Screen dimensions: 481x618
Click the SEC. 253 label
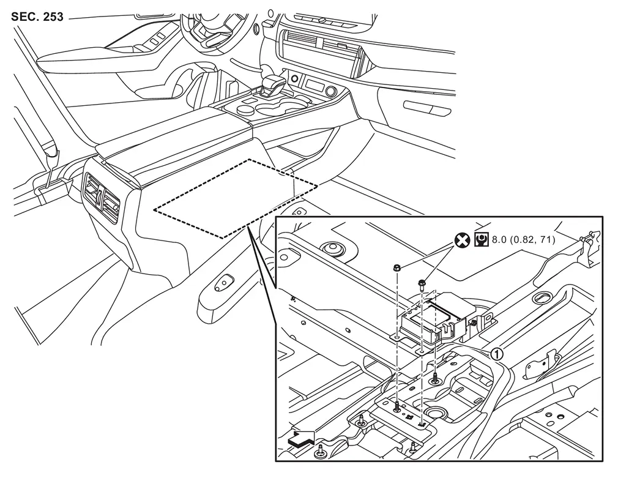(x=37, y=17)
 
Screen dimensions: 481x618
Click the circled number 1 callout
(x=497, y=353)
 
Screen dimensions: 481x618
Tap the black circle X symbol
(x=461, y=240)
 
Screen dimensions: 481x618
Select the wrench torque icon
(x=482, y=240)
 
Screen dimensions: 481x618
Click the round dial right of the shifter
(x=331, y=91)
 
